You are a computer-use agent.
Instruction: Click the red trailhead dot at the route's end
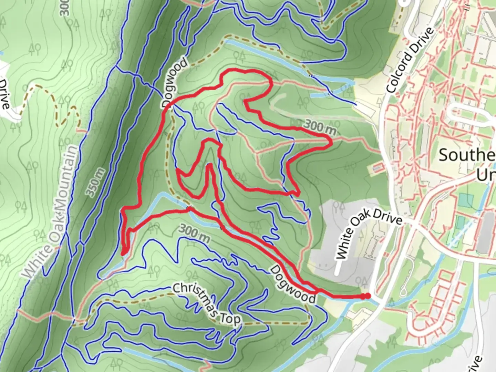click(368, 296)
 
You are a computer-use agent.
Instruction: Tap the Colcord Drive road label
click(410, 60)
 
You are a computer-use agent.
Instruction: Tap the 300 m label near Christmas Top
click(195, 232)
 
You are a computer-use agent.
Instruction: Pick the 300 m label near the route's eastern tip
click(320, 127)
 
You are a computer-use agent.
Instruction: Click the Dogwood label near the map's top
click(175, 83)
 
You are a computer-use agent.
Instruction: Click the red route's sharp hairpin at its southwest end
click(123, 254)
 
